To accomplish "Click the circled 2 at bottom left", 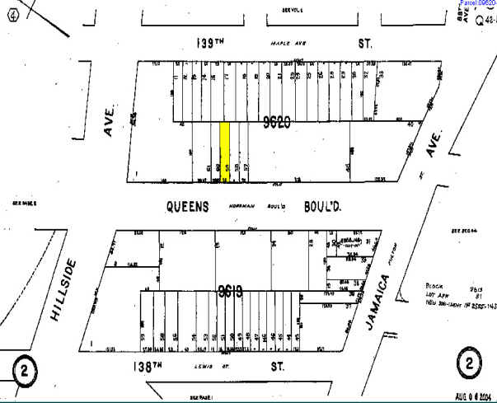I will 25,370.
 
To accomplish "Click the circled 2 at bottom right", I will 470,363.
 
